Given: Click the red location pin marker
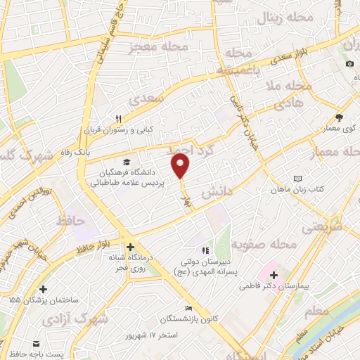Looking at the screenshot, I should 181,166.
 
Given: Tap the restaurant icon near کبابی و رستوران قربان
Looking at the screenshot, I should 119,120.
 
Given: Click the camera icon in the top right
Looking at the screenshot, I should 350,64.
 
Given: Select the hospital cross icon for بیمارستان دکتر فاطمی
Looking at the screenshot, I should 274,274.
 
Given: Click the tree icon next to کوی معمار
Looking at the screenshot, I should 340,117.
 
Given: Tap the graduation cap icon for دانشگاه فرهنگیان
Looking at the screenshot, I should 125,161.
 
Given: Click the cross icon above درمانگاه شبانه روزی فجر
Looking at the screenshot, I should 130,247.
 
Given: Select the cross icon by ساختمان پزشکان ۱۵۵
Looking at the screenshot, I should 44,288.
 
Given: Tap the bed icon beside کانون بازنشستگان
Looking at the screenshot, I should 188,309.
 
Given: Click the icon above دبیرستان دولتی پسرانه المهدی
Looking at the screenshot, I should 205,250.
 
